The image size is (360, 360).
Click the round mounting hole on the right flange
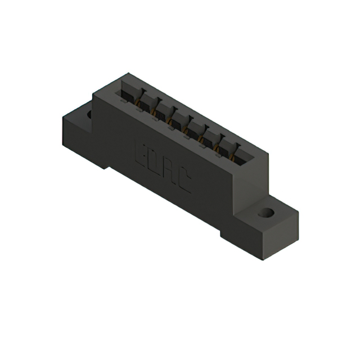[265, 214]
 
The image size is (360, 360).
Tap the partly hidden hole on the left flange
[89, 114]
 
